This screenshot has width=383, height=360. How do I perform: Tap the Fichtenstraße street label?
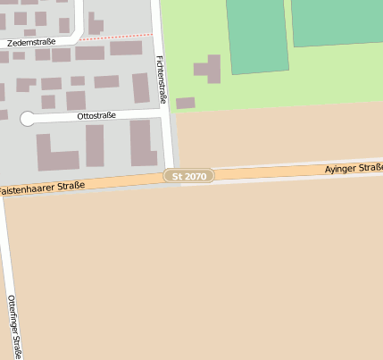161,79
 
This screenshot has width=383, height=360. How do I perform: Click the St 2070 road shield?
190,177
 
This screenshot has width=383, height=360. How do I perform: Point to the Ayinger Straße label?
354,168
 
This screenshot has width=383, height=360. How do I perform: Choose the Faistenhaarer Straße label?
42,188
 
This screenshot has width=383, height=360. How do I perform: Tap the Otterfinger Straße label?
14,325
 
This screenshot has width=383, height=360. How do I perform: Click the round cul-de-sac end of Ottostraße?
28,119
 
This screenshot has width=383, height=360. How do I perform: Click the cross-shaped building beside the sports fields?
209,70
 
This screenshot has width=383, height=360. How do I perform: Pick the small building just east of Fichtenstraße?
186,104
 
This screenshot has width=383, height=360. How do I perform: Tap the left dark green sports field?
257,36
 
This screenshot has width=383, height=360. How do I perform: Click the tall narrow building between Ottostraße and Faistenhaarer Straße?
95,146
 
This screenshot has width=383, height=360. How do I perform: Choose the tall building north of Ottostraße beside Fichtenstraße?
141,88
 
